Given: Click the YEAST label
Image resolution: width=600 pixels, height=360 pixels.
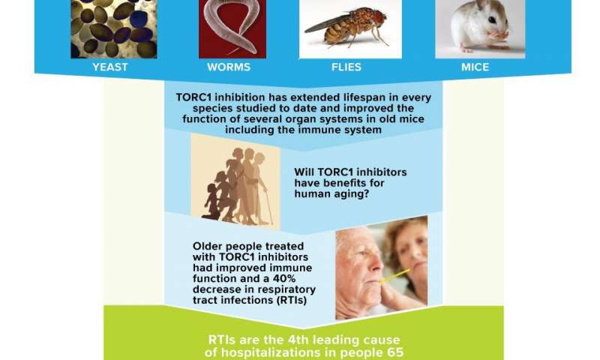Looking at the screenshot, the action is (x=109, y=67).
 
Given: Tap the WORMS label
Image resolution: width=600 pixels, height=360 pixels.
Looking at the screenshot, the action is (x=229, y=67).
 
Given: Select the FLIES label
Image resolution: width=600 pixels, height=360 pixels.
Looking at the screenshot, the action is (x=346, y=67).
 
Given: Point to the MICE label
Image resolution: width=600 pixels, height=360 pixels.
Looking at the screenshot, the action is (x=475, y=67).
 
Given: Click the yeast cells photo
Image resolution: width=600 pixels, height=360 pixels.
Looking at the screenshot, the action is (x=114, y=29).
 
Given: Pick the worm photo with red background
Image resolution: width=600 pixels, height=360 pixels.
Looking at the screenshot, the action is (x=232, y=29).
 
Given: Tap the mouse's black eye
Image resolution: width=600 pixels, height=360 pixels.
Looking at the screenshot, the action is (x=492, y=20).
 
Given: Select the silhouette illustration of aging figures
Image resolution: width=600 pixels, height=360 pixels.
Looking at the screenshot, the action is (x=235, y=182).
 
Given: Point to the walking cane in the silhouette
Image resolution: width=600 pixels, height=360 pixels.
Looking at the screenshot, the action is (x=269, y=206).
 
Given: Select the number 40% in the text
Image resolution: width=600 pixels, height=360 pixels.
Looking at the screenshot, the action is (x=284, y=278).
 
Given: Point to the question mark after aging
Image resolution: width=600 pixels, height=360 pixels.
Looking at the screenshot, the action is (x=366, y=194).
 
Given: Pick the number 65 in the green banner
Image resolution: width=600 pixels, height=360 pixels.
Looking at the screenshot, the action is (x=395, y=352).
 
